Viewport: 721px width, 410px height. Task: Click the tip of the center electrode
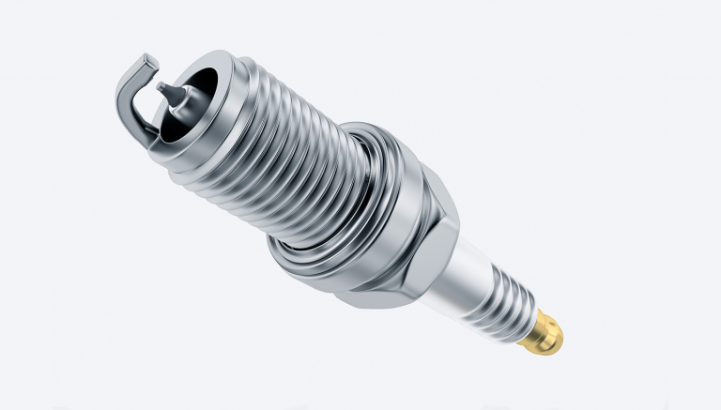pos(161,88)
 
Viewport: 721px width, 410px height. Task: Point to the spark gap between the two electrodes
pos(155,77)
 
